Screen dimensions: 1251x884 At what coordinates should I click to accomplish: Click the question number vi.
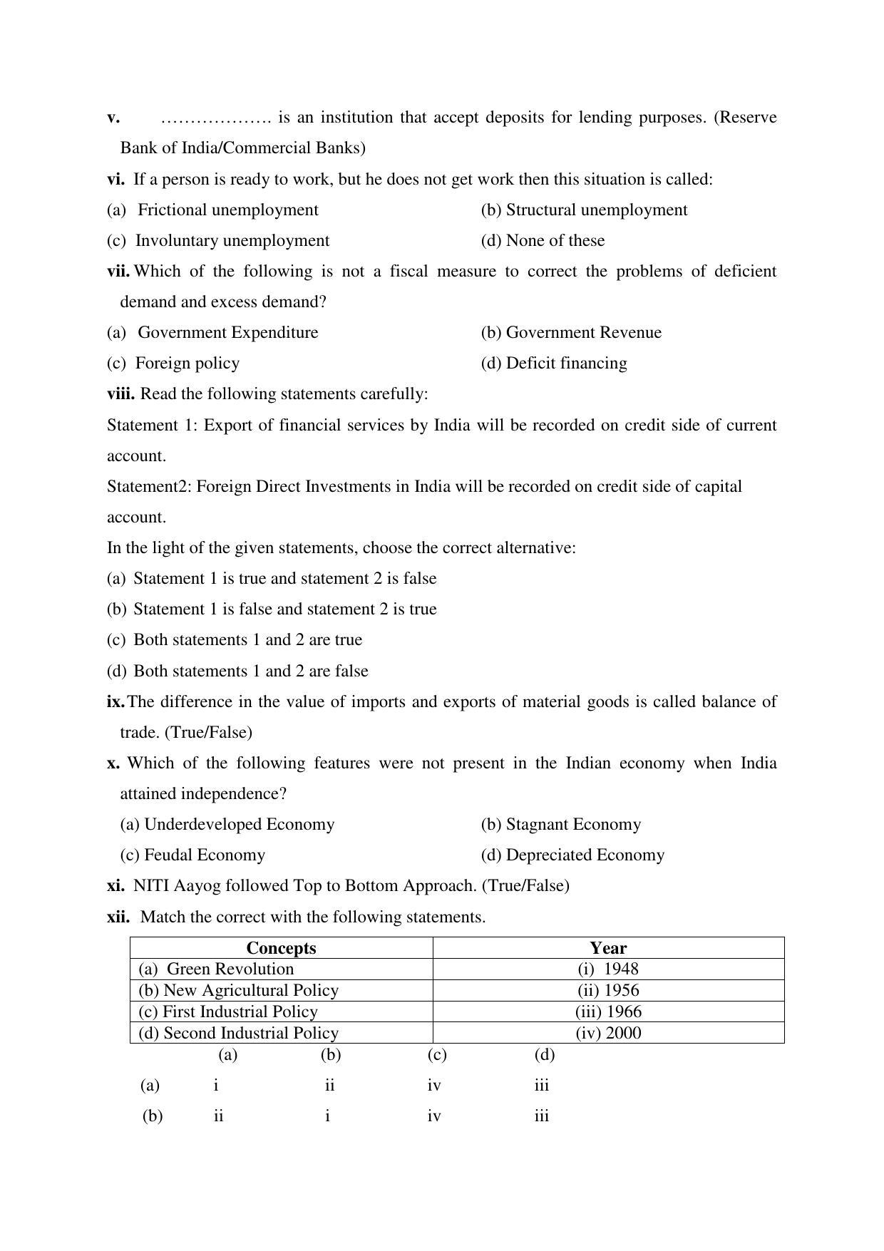coord(115,180)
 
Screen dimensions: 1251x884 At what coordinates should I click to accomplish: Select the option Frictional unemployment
coord(227,210)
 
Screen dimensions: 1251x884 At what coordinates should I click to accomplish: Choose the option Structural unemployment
coord(596,210)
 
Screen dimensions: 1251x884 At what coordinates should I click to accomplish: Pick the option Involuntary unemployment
coord(232,241)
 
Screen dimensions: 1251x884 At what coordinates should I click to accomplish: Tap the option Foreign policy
coord(187,364)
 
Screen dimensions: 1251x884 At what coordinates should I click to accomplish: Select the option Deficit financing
coord(566,364)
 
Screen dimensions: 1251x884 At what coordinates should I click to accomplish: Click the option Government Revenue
coord(583,333)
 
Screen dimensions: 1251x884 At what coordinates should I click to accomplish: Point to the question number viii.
coord(120,394)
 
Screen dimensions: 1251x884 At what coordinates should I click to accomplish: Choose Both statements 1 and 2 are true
coord(247,640)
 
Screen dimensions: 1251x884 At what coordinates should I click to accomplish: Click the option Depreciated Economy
coord(585,855)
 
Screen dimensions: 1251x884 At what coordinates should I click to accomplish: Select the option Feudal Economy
coord(204,855)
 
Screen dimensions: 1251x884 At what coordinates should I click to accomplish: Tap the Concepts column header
coord(281,948)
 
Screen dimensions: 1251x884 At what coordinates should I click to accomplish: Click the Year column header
coord(608,948)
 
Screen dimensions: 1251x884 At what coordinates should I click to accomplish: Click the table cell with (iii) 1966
coord(608,1012)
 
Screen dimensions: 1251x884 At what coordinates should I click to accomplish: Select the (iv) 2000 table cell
coord(608,1034)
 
